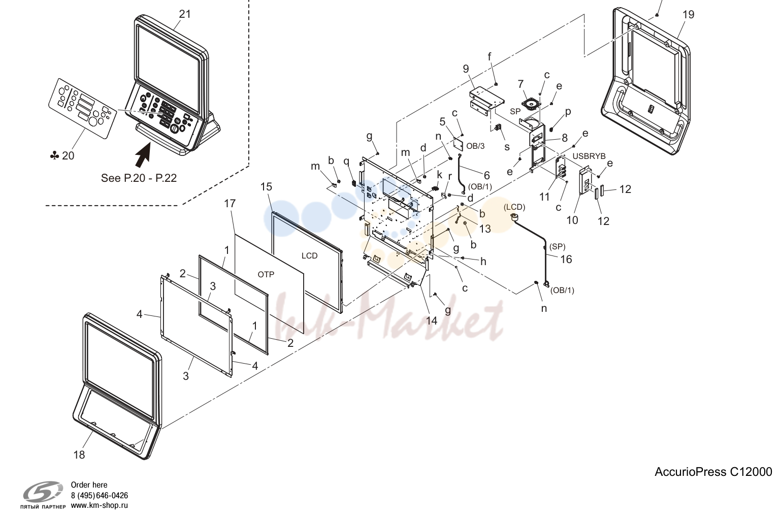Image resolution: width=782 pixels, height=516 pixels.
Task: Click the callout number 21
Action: click(185, 14)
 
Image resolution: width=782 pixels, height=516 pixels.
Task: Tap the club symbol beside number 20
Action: click(54, 155)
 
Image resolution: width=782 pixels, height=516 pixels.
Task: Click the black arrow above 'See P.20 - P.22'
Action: click(143, 156)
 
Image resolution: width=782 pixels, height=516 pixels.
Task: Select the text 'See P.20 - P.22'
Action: click(139, 178)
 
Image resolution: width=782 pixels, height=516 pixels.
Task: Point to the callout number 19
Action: click(689, 15)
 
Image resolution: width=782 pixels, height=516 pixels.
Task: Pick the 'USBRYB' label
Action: click(589, 156)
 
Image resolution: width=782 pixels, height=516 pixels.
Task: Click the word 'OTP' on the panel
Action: click(266, 275)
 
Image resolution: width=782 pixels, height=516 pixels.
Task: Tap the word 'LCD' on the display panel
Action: click(310, 256)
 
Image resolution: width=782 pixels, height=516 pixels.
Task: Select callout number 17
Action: click(230, 203)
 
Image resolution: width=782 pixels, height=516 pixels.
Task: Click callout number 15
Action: click(266, 186)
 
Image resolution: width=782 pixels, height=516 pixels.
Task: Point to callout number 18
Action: click(79, 455)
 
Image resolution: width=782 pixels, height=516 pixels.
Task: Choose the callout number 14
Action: click(432, 320)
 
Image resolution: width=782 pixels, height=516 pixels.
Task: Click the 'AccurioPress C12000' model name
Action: click(713, 472)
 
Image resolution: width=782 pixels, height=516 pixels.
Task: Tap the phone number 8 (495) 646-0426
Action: click(100, 496)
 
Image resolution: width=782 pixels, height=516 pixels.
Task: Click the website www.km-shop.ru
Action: click(100, 505)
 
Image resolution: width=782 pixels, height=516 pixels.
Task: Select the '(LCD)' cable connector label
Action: click(514, 207)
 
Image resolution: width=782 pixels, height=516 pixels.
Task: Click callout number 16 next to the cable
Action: click(566, 259)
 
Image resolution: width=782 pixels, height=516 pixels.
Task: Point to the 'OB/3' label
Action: click(475, 146)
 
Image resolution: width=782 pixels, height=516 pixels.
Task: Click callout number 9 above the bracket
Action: click(466, 69)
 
